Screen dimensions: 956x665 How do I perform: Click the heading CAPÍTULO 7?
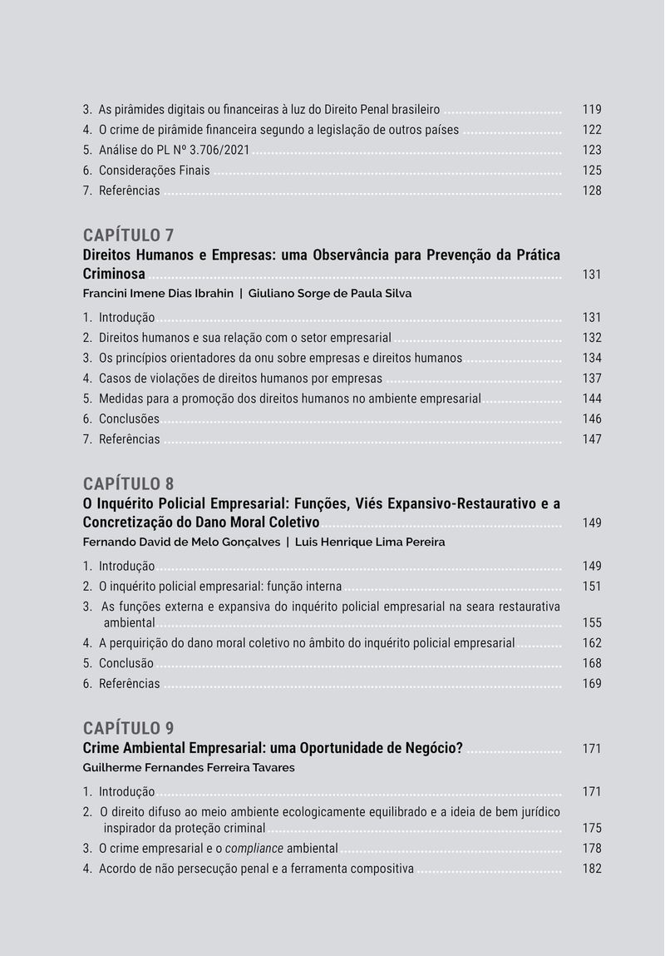128,235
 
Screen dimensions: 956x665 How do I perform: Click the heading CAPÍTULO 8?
128,483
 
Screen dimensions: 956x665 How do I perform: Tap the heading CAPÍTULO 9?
128,728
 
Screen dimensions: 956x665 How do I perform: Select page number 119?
592,110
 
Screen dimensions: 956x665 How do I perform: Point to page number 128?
592,191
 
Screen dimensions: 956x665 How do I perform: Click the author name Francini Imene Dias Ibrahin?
158,294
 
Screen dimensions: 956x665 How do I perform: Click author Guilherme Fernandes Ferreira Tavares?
189,768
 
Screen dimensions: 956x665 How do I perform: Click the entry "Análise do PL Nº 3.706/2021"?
174,151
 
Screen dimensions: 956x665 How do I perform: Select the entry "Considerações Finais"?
154,171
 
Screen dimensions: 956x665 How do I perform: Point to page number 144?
592,399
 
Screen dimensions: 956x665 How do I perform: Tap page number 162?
592,643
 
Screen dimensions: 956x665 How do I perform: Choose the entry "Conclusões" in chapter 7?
129,419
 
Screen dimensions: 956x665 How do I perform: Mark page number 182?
592,869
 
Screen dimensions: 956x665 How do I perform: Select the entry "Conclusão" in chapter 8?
126,664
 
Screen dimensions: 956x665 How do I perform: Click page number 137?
592,379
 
